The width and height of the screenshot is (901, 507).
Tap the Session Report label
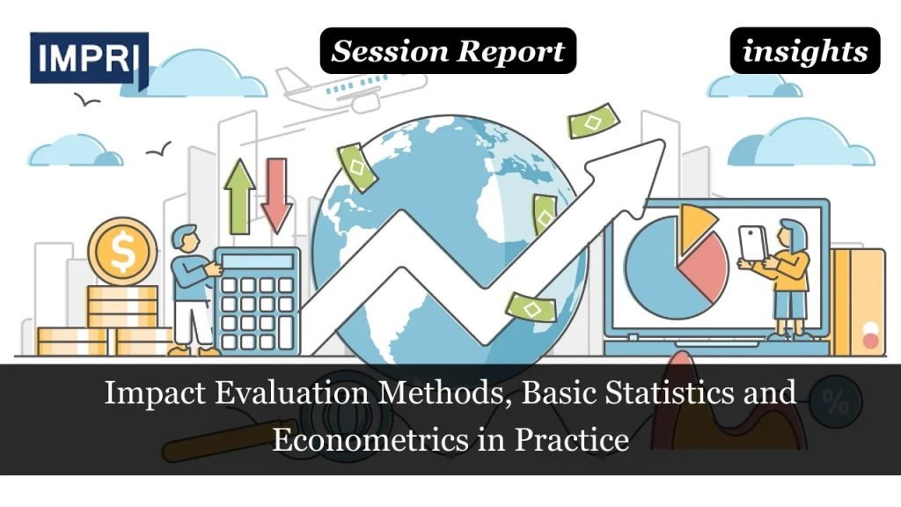(447, 51)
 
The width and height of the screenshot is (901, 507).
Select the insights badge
(804, 51)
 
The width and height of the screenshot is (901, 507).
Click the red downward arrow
(276, 195)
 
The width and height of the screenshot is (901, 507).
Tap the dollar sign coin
(122, 251)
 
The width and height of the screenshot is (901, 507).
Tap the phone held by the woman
(752, 243)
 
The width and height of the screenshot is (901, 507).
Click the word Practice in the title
(577, 437)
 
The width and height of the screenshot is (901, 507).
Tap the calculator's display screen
(257, 261)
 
